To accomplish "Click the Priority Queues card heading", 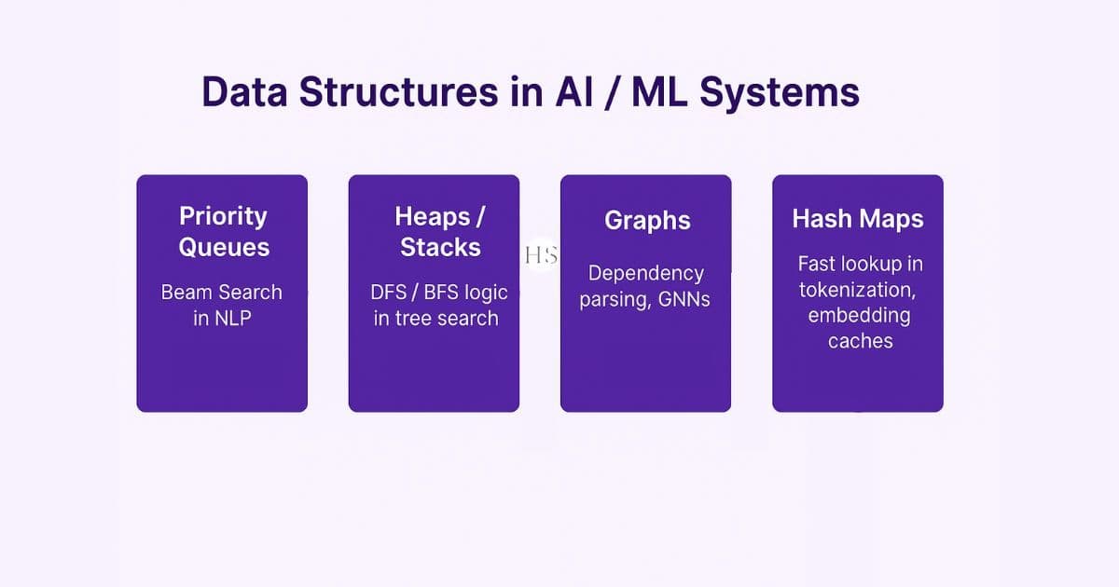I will (x=223, y=231).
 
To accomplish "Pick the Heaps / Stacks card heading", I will (x=440, y=231).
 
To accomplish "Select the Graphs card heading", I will (x=647, y=221).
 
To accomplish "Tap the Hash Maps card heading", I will (x=858, y=219).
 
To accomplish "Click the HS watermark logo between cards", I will (x=540, y=256).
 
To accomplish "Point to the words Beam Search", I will (x=221, y=292).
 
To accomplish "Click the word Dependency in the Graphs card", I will (x=645, y=274).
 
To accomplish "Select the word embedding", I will (x=859, y=315).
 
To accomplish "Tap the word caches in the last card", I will (x=860, y=341).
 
